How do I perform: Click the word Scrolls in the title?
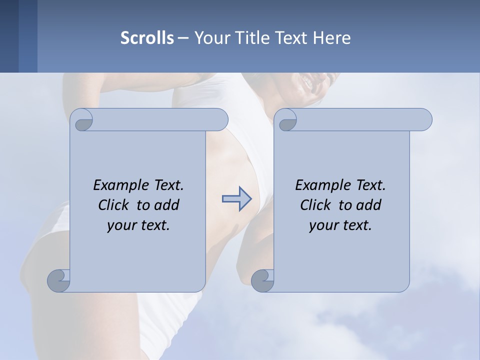[147, 38]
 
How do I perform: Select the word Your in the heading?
[210, 38]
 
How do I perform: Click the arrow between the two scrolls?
[236, 199]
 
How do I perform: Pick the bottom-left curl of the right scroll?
[262, 280]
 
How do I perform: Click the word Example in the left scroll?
[117, 185]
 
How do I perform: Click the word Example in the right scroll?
[319, 185]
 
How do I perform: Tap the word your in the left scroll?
[120, 225]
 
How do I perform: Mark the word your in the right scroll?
[322, 225]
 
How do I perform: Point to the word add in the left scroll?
[166, 205]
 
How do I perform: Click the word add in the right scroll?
[368, 205]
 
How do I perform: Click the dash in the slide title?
[183, 38]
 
